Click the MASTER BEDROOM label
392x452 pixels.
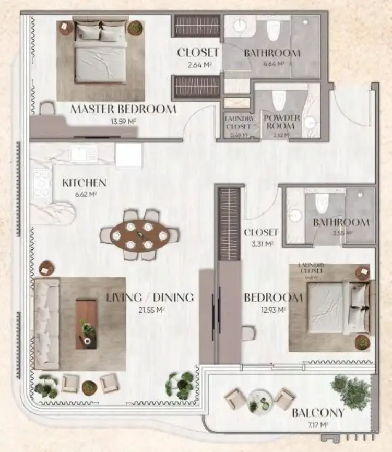[x=123, y=110]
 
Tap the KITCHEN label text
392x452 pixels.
[x=84, y=183]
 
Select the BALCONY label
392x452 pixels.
[x=318, y=413]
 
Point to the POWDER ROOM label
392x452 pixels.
[x=281, y=122]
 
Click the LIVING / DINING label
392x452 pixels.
[x=150, y=298]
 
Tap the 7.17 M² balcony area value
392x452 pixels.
[x=317, y=425]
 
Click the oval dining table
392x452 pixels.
[x=139, y=235]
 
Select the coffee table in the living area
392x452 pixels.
[x=86, y=324]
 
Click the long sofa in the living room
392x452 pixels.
[x=46, y=324]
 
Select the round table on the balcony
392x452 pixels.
[x=259, y=400]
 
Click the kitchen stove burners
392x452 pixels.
[x=41, y=184]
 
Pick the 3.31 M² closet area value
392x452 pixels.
[x=261, y=244]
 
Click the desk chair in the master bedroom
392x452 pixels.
[x=47, y=108]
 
